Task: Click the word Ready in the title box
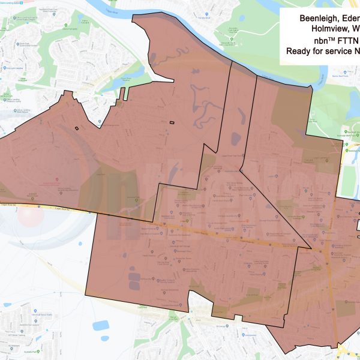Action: click(299, 52)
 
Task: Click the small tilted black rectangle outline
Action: click(77, 127)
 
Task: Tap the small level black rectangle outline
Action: click(172, 123)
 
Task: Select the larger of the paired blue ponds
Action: click(101, 326)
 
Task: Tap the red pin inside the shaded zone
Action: click(57, 180)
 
